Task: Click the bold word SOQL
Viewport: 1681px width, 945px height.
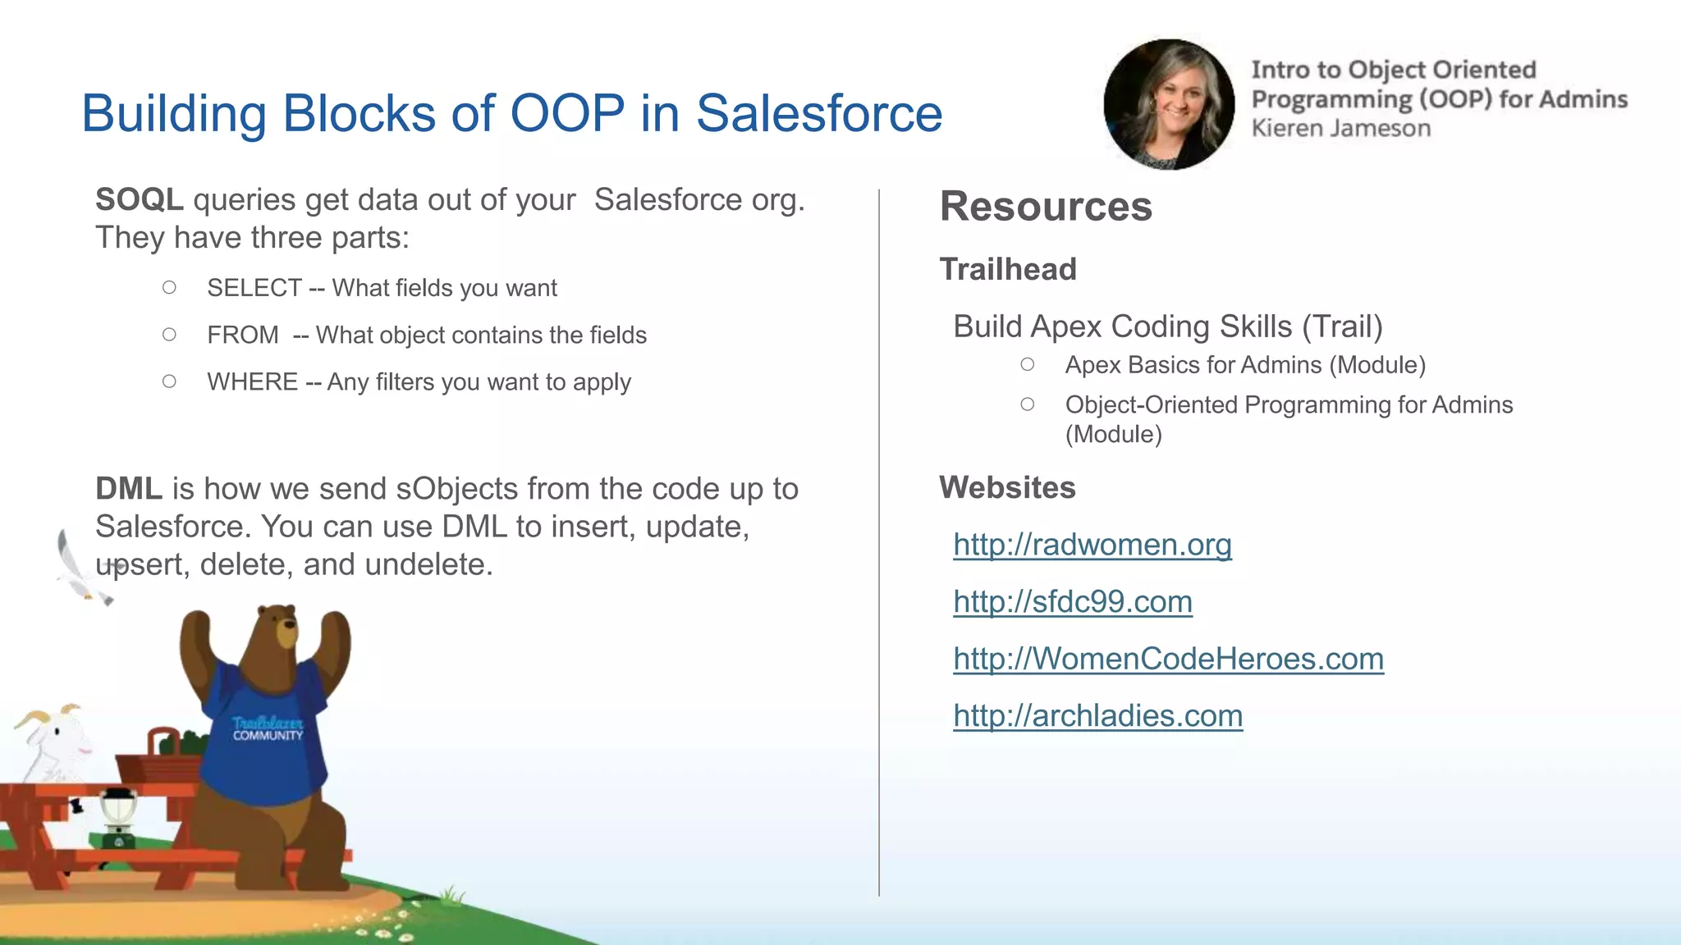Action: pyautogui.click(x=139, y=200)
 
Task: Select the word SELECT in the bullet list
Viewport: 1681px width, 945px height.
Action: pyautogui.click(x=254, y=288)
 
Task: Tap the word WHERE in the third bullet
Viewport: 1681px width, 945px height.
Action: pyautogui.click(x=252, y=382)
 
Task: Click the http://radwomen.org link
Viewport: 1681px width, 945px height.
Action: pyautogui.click(x=1092, y=546)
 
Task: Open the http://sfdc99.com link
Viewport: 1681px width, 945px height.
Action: pyautogui.click(x=1072, y=602)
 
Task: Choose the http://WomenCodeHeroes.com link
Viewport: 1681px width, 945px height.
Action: pyautogui.click(x=1168, y=660)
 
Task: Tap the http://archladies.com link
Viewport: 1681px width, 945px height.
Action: pyautogui.click(x=1097, y=716)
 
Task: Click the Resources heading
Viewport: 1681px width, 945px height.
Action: pyautogui.click(x=1046, y=207)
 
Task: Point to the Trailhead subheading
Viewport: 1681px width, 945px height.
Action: pyautogui.click(x=1007, y=270)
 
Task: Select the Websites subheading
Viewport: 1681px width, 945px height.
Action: pyautogui.click(x=1007, y=488)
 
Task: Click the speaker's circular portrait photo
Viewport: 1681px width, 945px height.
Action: pyautogui.click(x=1169, y=105)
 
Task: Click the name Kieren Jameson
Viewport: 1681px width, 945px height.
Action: pyautogui.click(x=1340, y=129)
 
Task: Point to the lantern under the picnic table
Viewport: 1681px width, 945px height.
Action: pyautogui.click(x=118, y=816)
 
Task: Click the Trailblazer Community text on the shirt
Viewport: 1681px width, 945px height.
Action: pyautogui.click(x=268, y=728)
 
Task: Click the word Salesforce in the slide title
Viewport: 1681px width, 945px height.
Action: pyautogui.click(x=819, y=113)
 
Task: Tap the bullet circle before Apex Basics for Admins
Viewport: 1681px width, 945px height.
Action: pyautogui.click(x=1027, y=364)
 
